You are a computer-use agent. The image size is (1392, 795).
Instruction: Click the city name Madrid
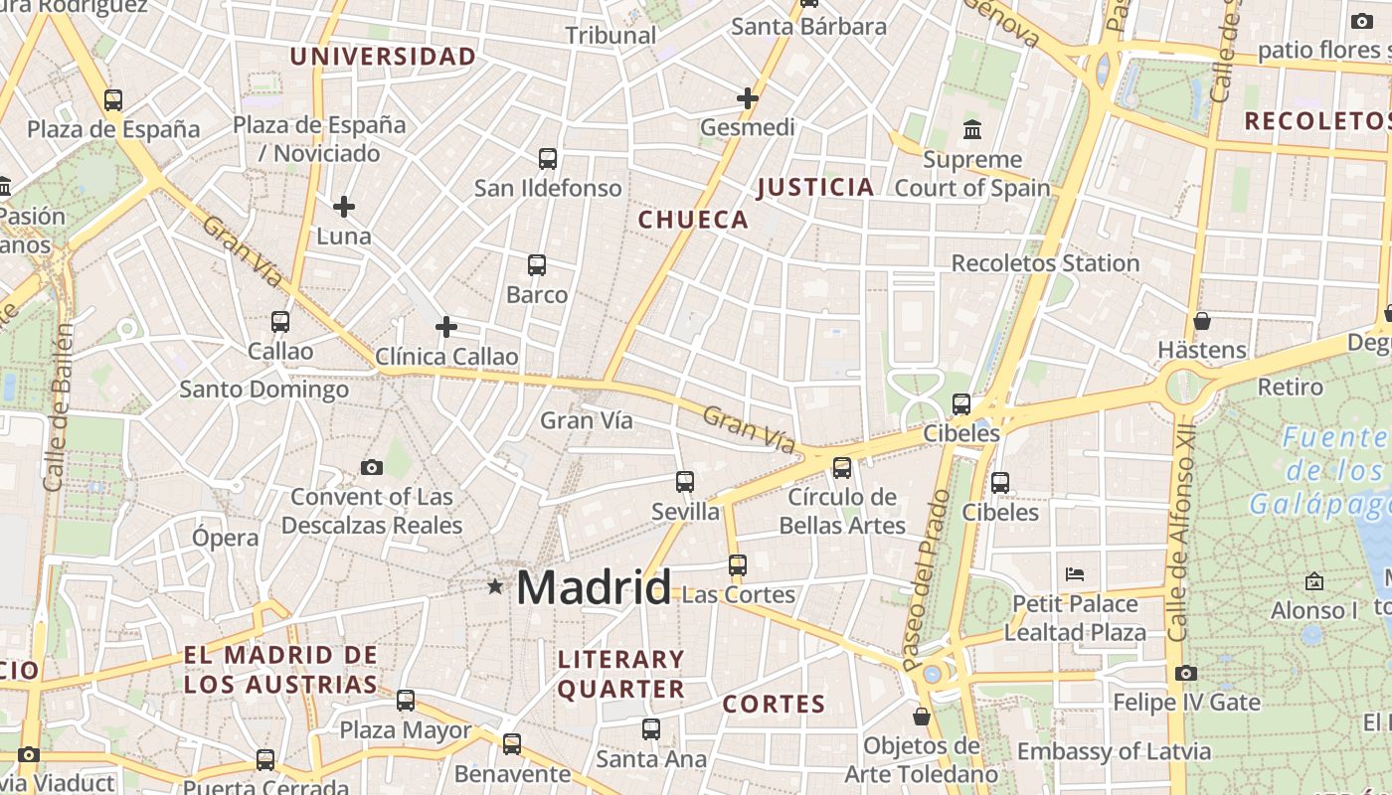point(594,587)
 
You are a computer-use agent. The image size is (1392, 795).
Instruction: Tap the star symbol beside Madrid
point(495,586)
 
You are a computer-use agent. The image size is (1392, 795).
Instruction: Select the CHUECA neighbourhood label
point(693,220)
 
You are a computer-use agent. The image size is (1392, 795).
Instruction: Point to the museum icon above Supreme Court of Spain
point(972,129)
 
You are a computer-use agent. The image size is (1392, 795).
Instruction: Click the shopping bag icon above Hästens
point(1201,321)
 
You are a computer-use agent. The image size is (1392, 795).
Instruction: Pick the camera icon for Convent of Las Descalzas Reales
point(372,467)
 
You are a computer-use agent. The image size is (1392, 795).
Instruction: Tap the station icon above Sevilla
point(684,482)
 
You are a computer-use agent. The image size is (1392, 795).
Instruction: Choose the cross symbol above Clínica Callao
point(446,326)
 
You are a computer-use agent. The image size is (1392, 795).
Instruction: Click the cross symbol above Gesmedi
point(748,98)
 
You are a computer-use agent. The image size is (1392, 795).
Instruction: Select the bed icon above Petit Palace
point(1074,573)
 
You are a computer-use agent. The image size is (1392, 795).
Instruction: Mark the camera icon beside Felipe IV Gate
point(1185,673)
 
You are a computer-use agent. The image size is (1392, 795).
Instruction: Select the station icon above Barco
point(537,265)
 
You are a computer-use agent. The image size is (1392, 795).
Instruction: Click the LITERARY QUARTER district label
point(621,674)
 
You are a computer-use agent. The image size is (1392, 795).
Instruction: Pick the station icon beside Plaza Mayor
point(406,700)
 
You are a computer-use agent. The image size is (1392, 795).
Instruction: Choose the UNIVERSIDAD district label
point(383,57)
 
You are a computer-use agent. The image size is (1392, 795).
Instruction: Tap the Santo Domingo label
point(263,390)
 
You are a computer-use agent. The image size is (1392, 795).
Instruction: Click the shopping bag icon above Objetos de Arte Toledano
point(922,715)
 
